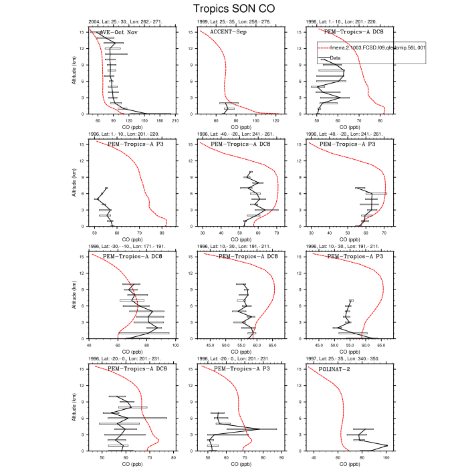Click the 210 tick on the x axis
click(174, 120)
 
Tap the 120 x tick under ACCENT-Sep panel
click(275, 120)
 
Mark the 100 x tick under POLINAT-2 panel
click(386, 457)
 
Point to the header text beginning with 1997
click(346, 359)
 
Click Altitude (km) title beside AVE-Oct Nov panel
click(73, 73)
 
